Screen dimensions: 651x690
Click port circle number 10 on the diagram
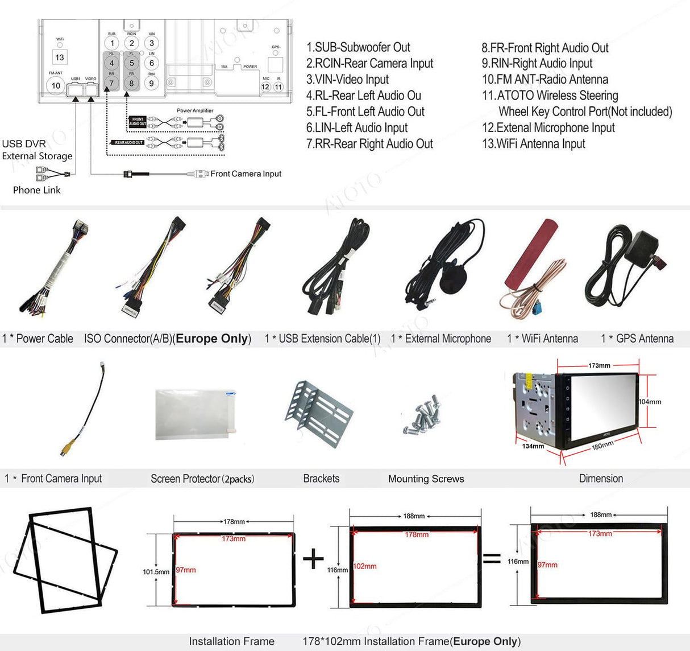point(56,86)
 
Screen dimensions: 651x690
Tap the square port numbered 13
point(60,57)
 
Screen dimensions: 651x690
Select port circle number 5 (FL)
point(132,63)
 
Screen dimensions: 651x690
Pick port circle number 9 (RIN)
point(151,83)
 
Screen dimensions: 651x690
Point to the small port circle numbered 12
point(265,87)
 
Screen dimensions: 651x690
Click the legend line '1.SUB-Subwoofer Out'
point(358,47)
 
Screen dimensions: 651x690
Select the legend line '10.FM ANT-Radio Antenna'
point(545,80)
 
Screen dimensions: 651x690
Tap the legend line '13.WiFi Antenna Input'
point(533,144)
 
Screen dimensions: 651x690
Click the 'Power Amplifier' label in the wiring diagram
point(195,111)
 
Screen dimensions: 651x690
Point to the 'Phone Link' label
point(36,190)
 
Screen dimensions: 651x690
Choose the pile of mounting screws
point(423,414)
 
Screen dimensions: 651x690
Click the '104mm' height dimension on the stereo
point(650,402)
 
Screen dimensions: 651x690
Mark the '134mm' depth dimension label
point(533,446)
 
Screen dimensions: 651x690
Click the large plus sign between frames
point(313,559)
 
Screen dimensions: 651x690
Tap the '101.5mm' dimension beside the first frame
point(156,572)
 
